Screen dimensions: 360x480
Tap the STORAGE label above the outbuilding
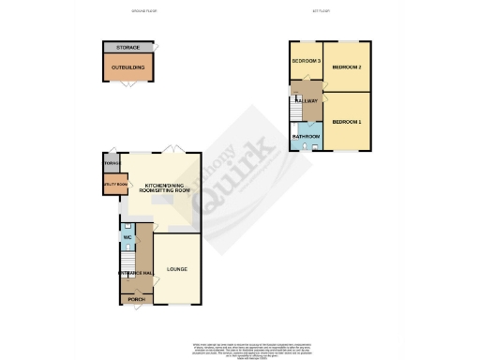click(127, 47)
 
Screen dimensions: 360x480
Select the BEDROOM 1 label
click(346, 122)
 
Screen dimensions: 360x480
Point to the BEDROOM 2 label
click(346, 67)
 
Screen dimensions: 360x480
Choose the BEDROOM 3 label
click(305, 62)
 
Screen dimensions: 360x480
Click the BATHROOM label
click(306, 137)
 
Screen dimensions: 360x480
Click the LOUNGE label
click(177, 270)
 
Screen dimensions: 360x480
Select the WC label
click(127, 236)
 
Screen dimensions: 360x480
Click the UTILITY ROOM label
click(114, 186)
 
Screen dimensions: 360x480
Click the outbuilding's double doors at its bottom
click(127, 85)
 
